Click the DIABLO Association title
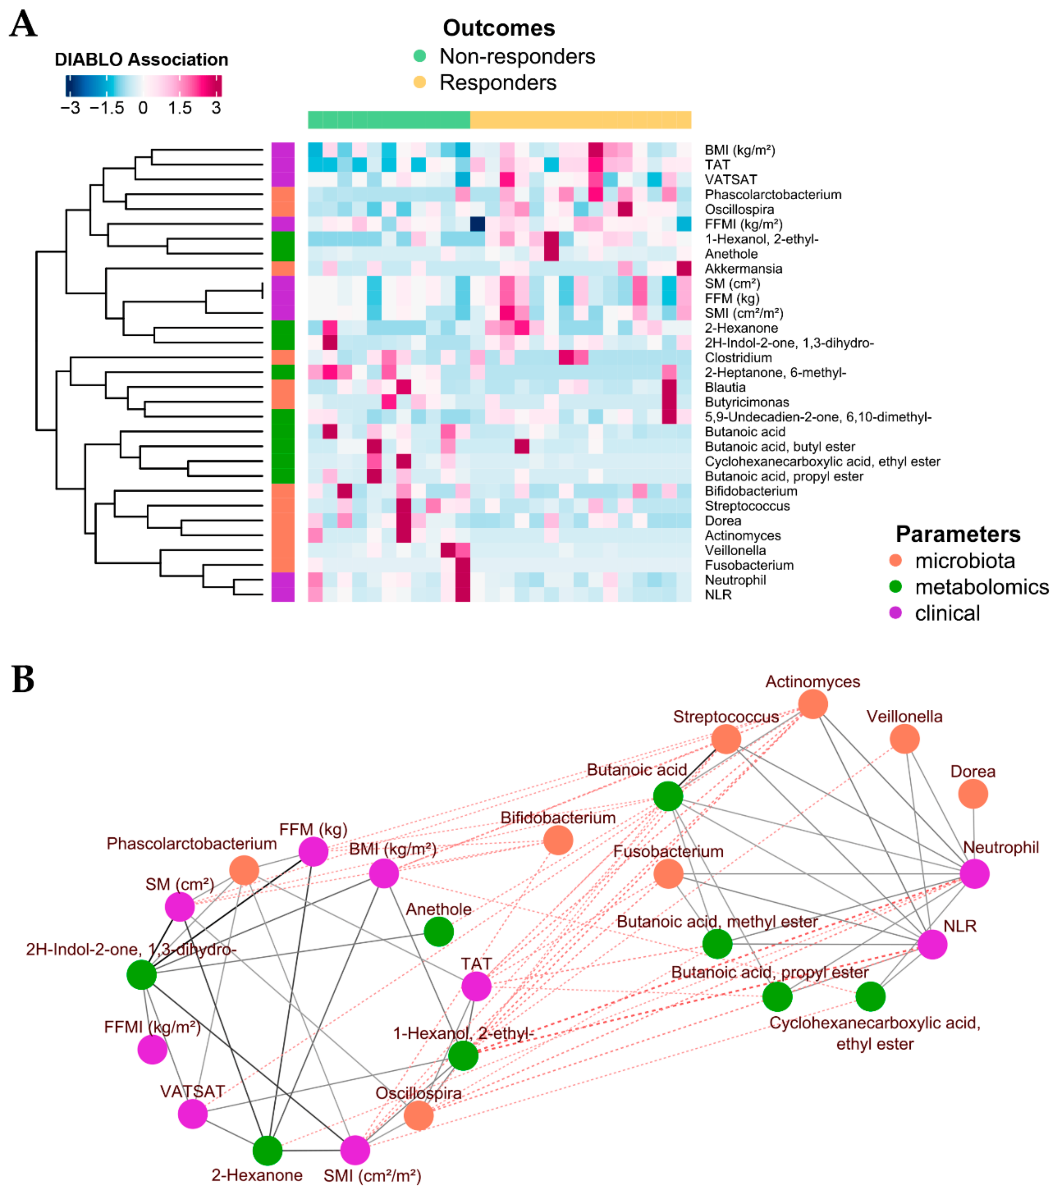(141, 60)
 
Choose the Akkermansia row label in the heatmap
(743, 269)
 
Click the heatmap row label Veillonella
(735, 550)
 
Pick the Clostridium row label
(738, 358)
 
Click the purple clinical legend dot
(895, 613)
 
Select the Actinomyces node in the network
(813, 704)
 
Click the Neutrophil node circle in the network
(974, 874)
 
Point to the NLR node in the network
(932, 945)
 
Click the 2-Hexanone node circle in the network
(268, 1151)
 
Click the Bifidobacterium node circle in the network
(558, 840)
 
